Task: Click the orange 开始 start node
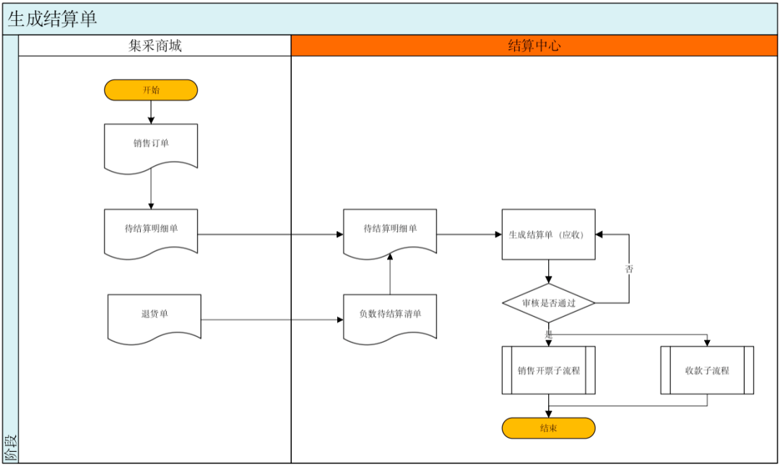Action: click(x=151, y=90)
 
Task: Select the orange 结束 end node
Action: click(x=548, y=428)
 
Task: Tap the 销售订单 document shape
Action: click(x=151, y=147)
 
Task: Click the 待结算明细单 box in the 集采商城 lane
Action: click(x=151, y=232)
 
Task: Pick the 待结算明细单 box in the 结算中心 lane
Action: click(x=390, y=232)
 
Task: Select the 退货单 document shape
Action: click(x=155, y=318)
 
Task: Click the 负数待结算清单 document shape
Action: click(x=390, y=318)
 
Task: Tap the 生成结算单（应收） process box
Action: click(x=548, y=235)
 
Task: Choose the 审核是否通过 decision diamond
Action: click(x=548, y=303)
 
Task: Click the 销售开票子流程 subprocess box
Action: click(x=548, y=370)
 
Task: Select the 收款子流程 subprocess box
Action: click(x=707, y=370)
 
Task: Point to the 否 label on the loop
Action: click(x=629, y=269)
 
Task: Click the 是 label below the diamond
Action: click(x=549, y=335)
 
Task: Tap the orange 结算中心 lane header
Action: click(x=534, y=45)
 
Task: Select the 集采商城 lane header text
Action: click(x=155, y=45)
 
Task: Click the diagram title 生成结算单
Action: click(x=52, y=19)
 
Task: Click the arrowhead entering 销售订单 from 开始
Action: click(x=151, y=121)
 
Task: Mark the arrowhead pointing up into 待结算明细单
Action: click(x=390, y=257)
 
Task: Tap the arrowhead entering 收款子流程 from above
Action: click(x=707, y=343)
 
